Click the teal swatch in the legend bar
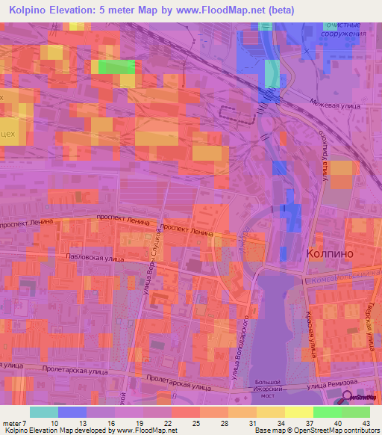pyautogui.click(x=43, y=412)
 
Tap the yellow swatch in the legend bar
pyautogui.click(x=298, y=412)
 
